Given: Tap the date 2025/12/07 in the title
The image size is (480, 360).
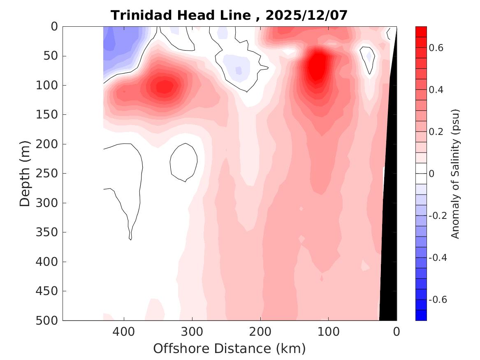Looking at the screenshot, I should click(306, 15).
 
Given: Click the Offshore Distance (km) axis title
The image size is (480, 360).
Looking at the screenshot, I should click(230, 348).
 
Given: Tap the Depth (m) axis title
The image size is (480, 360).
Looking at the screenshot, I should click(26, 173).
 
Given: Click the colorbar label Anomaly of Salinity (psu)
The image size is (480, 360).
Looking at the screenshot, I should click(455, 173).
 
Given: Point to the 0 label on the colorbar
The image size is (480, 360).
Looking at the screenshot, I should click(432, 174).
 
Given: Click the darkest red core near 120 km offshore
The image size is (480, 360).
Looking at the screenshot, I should click(316, 66).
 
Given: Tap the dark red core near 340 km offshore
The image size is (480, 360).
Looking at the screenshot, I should click(164, 86).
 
